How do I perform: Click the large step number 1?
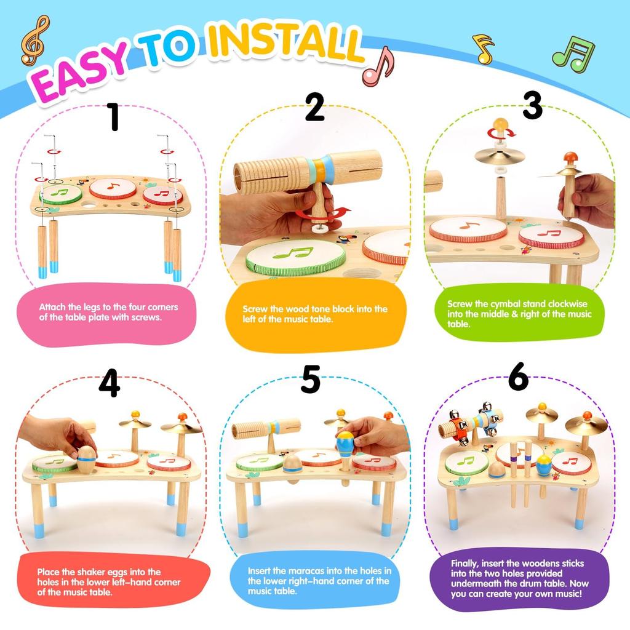(x=113, y=117)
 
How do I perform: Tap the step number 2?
(x=314, y=108)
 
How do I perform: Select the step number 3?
(x=532, y=106)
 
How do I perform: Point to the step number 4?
(x=109, y=383)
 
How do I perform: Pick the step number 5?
(x=311, y=380)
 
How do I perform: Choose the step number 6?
(x=518, y=378)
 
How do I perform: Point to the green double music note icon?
(x=573, y=54)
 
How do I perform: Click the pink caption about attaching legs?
(x=106, y=312)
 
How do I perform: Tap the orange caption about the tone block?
(x=315, y=315)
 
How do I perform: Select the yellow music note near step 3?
(x=484, y=49)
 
